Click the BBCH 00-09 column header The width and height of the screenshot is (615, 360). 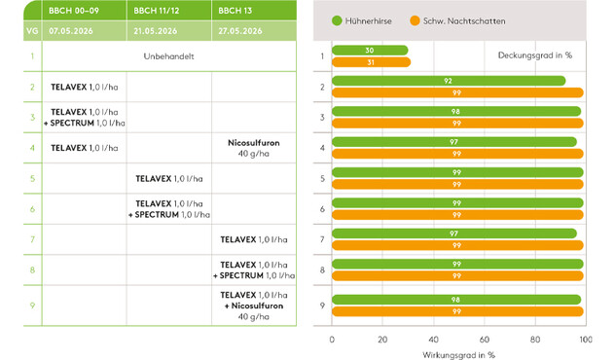(74, 11)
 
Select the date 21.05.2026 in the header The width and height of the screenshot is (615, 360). (156, 31)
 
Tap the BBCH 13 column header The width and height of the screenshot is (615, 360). (235, 11)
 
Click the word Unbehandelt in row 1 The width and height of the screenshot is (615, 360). (168, 56)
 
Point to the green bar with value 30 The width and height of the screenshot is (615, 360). (370, 51)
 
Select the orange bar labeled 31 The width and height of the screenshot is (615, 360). (371, 62)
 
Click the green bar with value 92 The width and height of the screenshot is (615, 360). (449, 81)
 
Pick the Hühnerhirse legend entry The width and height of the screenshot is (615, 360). (362, 20)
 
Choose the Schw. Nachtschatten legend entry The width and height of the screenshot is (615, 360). (457, 20)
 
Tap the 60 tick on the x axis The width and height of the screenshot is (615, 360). (485, 340)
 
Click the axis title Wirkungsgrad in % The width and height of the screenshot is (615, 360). (458, 355)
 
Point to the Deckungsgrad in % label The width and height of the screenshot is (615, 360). (535, 55)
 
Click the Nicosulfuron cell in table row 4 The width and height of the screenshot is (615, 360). (254, 148)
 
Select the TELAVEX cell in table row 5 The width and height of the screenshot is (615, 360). (169, 178)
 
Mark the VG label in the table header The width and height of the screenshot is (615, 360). (32, 31)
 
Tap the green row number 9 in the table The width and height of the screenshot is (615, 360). (32, 306)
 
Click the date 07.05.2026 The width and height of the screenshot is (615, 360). (71, 31)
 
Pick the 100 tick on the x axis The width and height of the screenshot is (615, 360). (586, 340)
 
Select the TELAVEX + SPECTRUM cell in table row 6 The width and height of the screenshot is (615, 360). (169, 209)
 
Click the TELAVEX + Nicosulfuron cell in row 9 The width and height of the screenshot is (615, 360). (254, 306)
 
